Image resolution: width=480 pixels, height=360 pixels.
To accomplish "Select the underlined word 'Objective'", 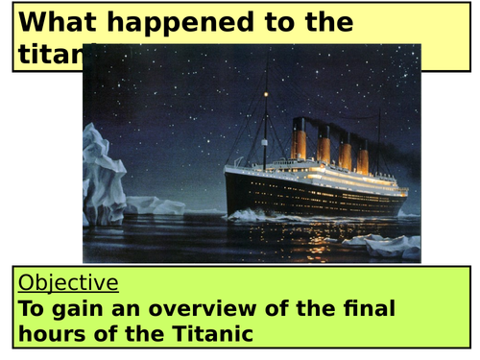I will tap(69, 282).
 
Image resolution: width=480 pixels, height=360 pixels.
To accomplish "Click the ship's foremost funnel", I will tap(300, 140).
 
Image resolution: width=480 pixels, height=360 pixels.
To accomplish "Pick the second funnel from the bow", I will tap(325, 146).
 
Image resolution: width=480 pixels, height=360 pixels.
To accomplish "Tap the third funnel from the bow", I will tap(347, 152).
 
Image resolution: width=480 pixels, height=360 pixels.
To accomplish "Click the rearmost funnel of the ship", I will tap(364, 157).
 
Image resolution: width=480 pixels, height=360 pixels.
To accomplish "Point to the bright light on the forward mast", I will tap(266, 94).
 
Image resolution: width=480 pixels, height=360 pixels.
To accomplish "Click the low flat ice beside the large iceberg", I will tap(154, 205).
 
